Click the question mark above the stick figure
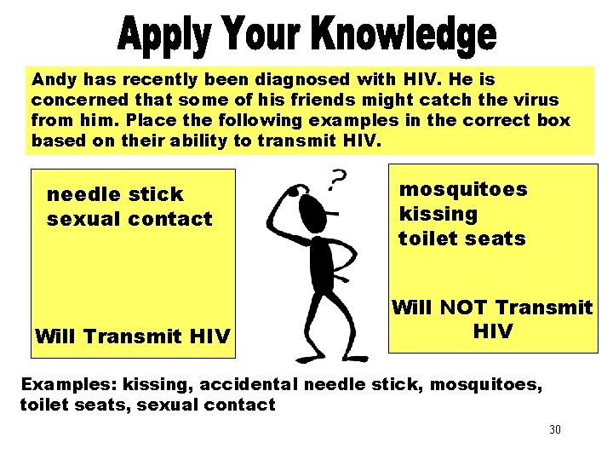click(337, 180)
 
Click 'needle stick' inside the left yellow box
click(115, 194)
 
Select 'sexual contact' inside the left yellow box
click(129, 219)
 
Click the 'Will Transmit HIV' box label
click(132, 336)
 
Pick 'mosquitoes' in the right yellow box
click(463, 189)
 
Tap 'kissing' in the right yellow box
click(438, 214)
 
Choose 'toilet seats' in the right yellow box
click(462, 239)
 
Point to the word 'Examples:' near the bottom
click(63, 385)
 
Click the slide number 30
click(555, 429)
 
